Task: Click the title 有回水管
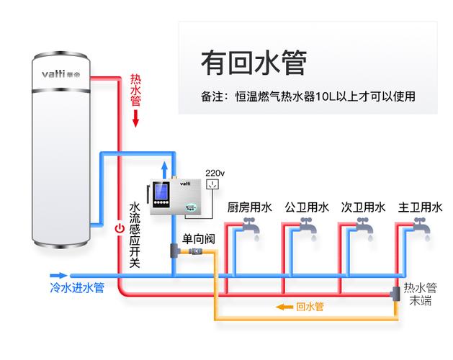pos(253,63)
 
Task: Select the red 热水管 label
pos(135,89)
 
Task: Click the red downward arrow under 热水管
pos(135,117)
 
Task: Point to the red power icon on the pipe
pos(120,228)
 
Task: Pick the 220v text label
pos(215,174)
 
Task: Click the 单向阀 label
pos(199,238)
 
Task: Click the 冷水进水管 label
pos(77,288)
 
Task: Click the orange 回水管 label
pos(310,307)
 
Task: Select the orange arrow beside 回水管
pos(284,307)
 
